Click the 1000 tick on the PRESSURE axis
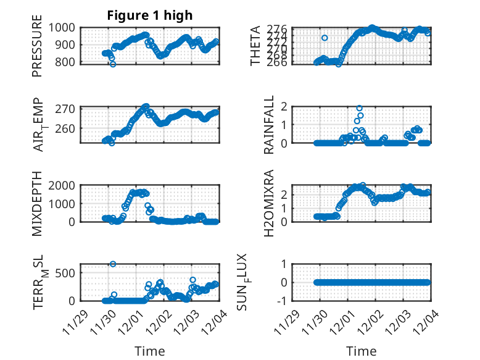(x=64, y=27)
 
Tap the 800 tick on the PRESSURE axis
(x=66, y=62)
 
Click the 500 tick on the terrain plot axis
(x=66, y=272)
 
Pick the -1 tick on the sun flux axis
(x=283, y=301)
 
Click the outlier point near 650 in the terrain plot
(x=113, y=264)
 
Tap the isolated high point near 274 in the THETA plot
(x=325, y=38)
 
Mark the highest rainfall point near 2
(x=359, y=108)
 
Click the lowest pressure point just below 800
(x=112, y=64)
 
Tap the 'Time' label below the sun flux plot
(x=361, y=351)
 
